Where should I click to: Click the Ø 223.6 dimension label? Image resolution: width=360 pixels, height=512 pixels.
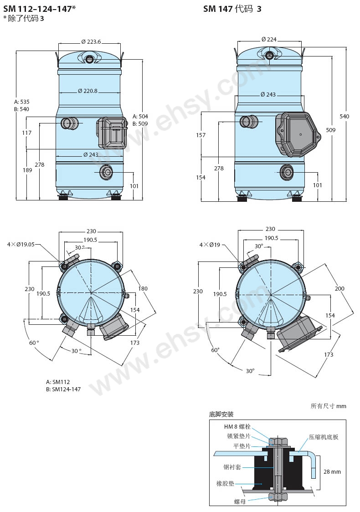(91, 42)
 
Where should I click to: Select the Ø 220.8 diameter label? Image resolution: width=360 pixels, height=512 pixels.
(87, 91)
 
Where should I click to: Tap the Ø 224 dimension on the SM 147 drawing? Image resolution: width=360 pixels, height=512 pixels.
(269, 40)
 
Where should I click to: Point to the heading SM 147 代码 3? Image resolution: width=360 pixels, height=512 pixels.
(232, 9)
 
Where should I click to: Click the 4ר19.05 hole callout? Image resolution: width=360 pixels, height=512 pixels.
(21, 244)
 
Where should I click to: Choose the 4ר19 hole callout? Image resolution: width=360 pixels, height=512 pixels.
(210, 245)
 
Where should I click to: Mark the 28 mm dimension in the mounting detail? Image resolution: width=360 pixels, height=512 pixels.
(332, 471)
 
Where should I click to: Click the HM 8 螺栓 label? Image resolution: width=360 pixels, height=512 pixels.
(237, 426)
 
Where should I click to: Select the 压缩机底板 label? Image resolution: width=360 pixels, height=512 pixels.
(324, 437)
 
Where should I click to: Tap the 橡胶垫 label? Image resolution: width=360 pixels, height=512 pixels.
(226, 483)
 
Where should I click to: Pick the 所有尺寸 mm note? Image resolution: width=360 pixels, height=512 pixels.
(328, 406)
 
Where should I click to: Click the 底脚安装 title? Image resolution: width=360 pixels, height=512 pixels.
(221, 415)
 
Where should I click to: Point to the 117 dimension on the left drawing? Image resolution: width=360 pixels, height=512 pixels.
(27, 133)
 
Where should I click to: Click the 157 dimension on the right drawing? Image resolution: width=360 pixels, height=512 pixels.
(201, 135)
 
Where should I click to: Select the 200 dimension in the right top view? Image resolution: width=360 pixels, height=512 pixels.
(339, 288)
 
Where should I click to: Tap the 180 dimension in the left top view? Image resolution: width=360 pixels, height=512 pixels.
(143, 288)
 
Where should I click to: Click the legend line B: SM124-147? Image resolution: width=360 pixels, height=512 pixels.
(63, 389)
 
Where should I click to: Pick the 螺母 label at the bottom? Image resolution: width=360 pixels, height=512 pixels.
(240, 502)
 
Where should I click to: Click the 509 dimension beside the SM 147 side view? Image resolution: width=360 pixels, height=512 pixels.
(330, 130)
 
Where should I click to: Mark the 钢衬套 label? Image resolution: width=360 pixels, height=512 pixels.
(232, 467)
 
